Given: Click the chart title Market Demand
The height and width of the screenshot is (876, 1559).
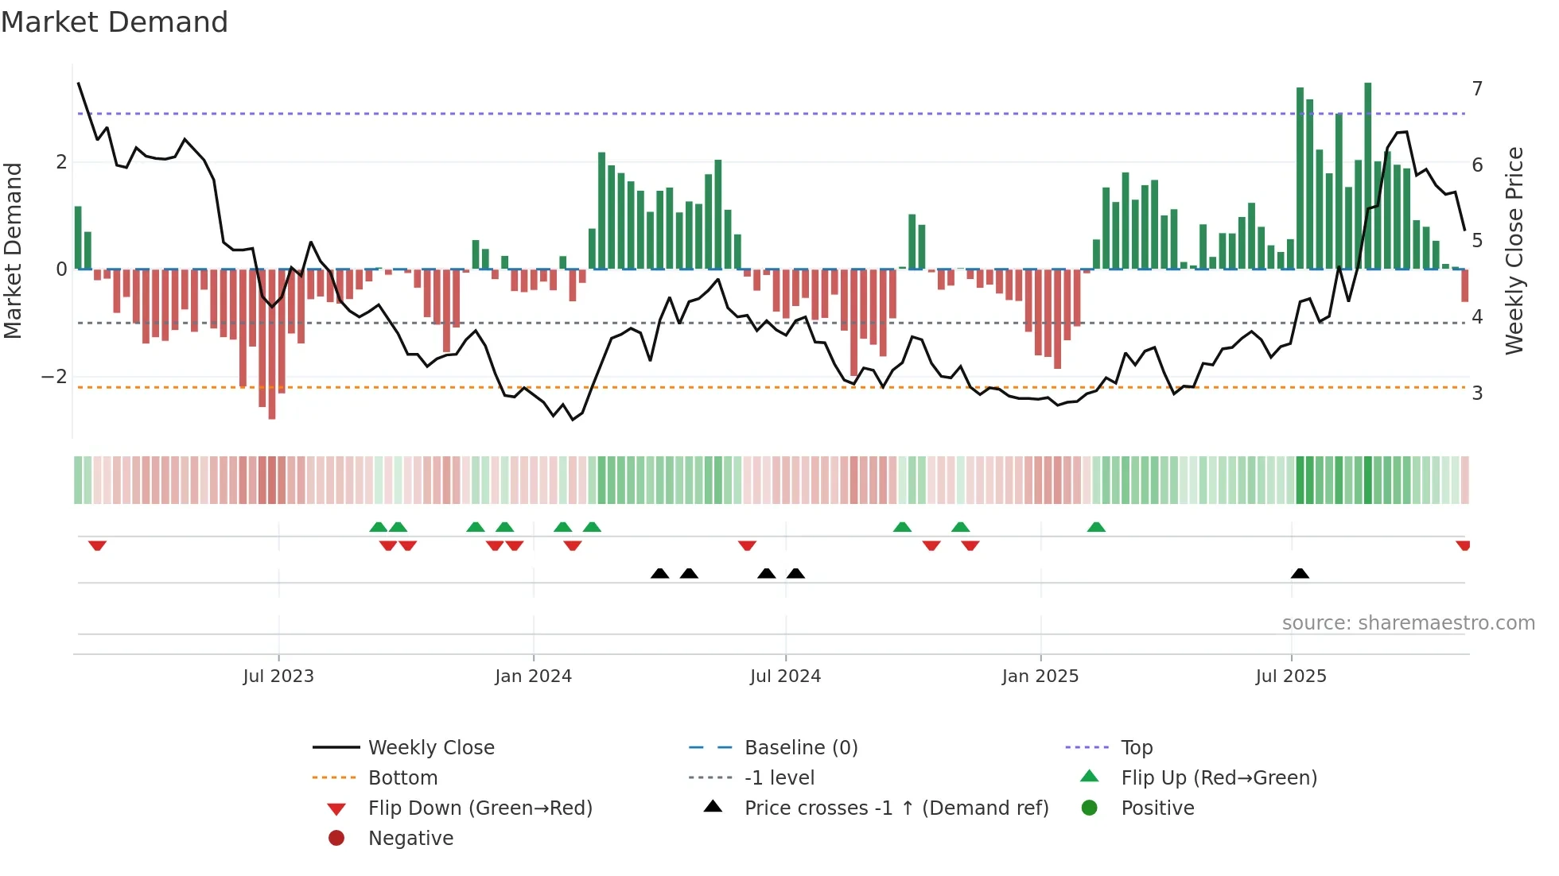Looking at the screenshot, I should coord(115,22).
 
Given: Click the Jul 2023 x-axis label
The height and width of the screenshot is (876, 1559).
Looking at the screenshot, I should coord(278,676).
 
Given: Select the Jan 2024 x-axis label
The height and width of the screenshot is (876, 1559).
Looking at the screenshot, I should coord(533,676).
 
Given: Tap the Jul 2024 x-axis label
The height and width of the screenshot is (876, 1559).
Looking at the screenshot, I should coord(785,676).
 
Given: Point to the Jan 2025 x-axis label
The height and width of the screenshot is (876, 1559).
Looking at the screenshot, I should coord(1040,676).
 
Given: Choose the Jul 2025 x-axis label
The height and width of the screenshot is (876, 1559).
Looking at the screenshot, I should coord(1291,676).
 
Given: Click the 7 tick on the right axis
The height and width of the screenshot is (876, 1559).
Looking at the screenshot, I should coord(1477,88).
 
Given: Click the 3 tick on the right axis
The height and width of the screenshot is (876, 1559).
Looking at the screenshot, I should coord(1477,393).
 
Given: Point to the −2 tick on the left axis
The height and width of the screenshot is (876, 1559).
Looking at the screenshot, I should coord(54,377).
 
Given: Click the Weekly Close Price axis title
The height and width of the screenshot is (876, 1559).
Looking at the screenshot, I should coord(1514,250).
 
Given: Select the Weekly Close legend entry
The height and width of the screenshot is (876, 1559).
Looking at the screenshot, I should coord(430,748).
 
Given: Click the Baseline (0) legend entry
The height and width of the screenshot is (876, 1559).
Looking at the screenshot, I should coord(800,748).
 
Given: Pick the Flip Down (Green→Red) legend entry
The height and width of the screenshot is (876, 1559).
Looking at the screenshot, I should coord(480,808).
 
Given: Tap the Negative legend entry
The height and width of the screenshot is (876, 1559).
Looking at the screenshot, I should coord(410,839).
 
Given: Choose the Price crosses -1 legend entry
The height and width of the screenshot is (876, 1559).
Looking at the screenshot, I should coord(896,808).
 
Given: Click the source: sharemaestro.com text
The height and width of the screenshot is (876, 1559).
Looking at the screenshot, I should coord(1408,623).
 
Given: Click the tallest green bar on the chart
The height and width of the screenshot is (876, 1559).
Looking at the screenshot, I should coord(1368,175).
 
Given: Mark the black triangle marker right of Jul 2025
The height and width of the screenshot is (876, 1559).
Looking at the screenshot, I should coord(1300,573).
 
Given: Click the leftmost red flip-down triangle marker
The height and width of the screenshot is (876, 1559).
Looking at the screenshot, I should coord(97,545).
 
